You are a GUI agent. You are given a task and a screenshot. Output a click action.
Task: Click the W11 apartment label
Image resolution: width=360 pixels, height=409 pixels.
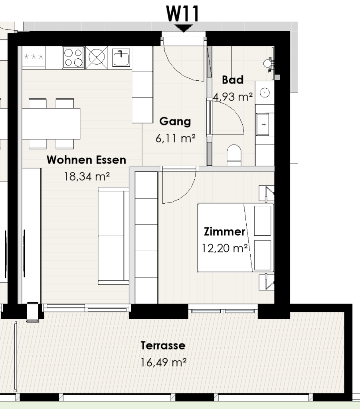tap(183, 14)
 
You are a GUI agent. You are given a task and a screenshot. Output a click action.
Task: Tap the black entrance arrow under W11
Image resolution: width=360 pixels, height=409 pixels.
tap(184, 28)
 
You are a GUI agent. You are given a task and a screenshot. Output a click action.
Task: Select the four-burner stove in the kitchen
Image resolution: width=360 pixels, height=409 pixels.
tap(73, 58)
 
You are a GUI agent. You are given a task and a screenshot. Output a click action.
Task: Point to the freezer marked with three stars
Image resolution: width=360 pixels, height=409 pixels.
tap(34, 57)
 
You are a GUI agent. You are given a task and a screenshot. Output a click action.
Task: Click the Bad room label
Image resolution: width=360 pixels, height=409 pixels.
tap(233, 80)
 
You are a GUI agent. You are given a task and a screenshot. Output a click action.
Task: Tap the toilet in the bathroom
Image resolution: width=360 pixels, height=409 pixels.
tap(234, 155)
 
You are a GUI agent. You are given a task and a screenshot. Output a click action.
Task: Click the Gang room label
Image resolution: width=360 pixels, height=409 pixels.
tap(175, 121)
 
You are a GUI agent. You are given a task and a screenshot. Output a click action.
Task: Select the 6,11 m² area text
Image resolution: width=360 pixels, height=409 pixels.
tap(175, 139)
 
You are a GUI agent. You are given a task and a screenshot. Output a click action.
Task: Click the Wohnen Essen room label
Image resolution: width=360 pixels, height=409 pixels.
tap(86, 160)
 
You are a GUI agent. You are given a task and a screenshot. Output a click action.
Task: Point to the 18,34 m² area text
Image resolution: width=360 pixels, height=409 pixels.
tap(87, 177)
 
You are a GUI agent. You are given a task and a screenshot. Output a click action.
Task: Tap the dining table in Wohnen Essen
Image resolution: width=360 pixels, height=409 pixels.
tap(51, 123)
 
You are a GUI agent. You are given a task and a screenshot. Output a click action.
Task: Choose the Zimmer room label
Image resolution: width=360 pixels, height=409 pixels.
tap(224, 232)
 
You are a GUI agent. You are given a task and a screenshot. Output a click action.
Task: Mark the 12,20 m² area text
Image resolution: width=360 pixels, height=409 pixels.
tap(225, 248)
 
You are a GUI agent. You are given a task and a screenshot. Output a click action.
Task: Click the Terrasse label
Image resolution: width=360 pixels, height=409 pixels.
tap(163, 345)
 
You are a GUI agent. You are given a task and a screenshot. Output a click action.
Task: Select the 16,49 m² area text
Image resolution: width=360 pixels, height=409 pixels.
tap(164, 363)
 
